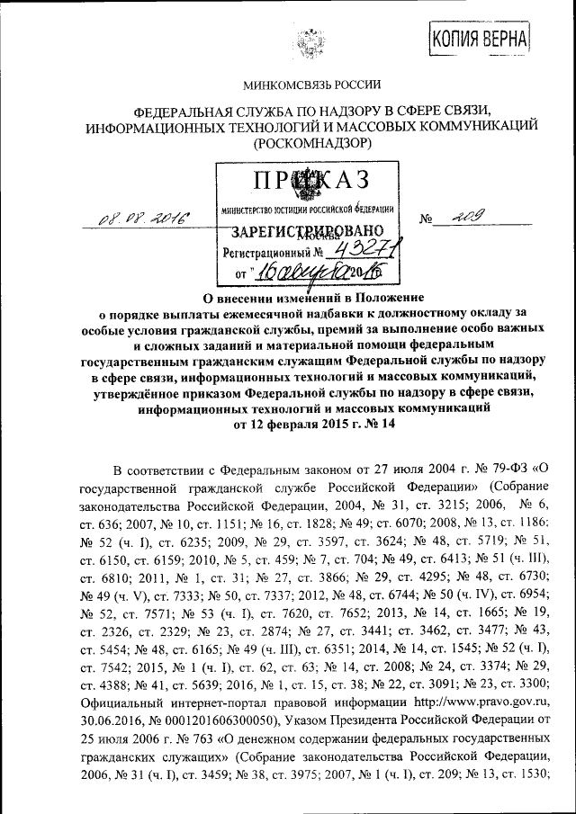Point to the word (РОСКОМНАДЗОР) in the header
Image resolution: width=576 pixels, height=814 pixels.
311,141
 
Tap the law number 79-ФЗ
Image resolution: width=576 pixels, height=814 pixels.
505,470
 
